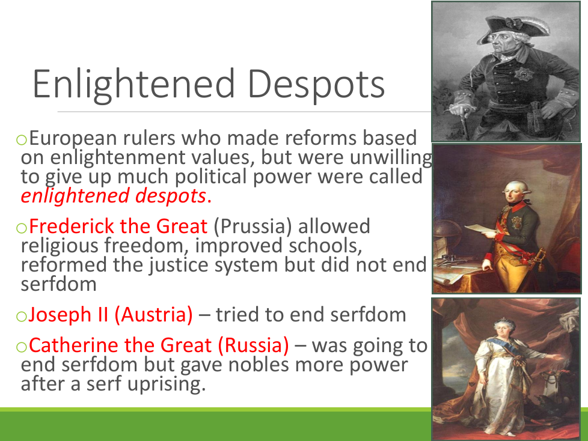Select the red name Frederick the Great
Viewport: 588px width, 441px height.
click(118, 226)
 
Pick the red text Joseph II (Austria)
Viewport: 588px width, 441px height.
click(111, 314)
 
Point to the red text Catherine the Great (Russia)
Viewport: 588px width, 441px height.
click(159, 345)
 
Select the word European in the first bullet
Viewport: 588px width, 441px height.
click(73, 138)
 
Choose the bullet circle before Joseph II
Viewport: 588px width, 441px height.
click(22, 317)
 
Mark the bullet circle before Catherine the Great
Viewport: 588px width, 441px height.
click(22, 347)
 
